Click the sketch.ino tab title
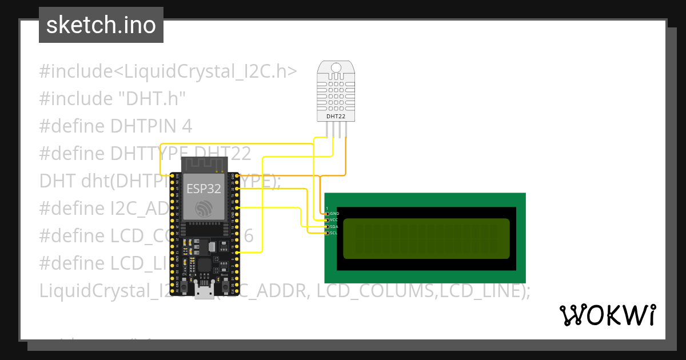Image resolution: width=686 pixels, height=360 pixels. (101, 25)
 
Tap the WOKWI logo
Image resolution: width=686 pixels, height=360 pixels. (607, 315)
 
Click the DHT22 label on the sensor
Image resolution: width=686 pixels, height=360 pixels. (336, 117)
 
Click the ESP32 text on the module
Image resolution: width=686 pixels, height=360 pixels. (204, 189)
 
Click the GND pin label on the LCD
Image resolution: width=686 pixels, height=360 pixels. (334, 214)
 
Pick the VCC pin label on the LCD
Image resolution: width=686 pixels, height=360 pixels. (334, 220)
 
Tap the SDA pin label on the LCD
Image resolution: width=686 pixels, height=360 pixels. (334, 227)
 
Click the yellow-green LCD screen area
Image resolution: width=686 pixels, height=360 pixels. (426, 238)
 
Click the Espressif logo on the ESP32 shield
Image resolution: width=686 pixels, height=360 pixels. (204, 209)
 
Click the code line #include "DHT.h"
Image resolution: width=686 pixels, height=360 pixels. (113, 99)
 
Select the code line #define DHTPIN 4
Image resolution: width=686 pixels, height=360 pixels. (115, 126)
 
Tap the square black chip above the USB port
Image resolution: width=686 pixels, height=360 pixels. (204, 265)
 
